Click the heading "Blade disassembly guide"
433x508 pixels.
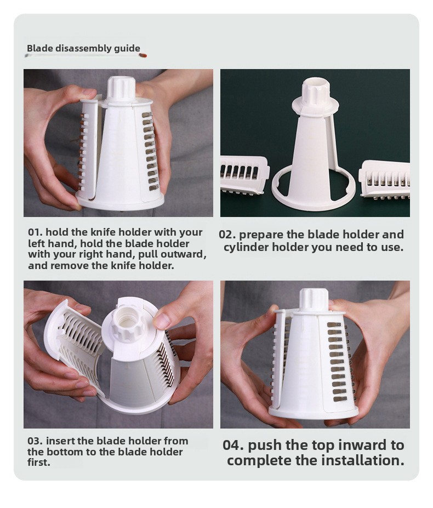84,48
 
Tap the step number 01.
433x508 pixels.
35,232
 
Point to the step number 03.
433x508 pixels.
35,441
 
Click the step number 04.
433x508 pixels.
233,445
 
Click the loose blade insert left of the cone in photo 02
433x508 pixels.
245,175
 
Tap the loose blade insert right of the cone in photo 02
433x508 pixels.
384,179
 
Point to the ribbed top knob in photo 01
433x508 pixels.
121,87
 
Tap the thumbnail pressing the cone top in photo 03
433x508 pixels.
162,320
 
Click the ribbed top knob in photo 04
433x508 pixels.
314,299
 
